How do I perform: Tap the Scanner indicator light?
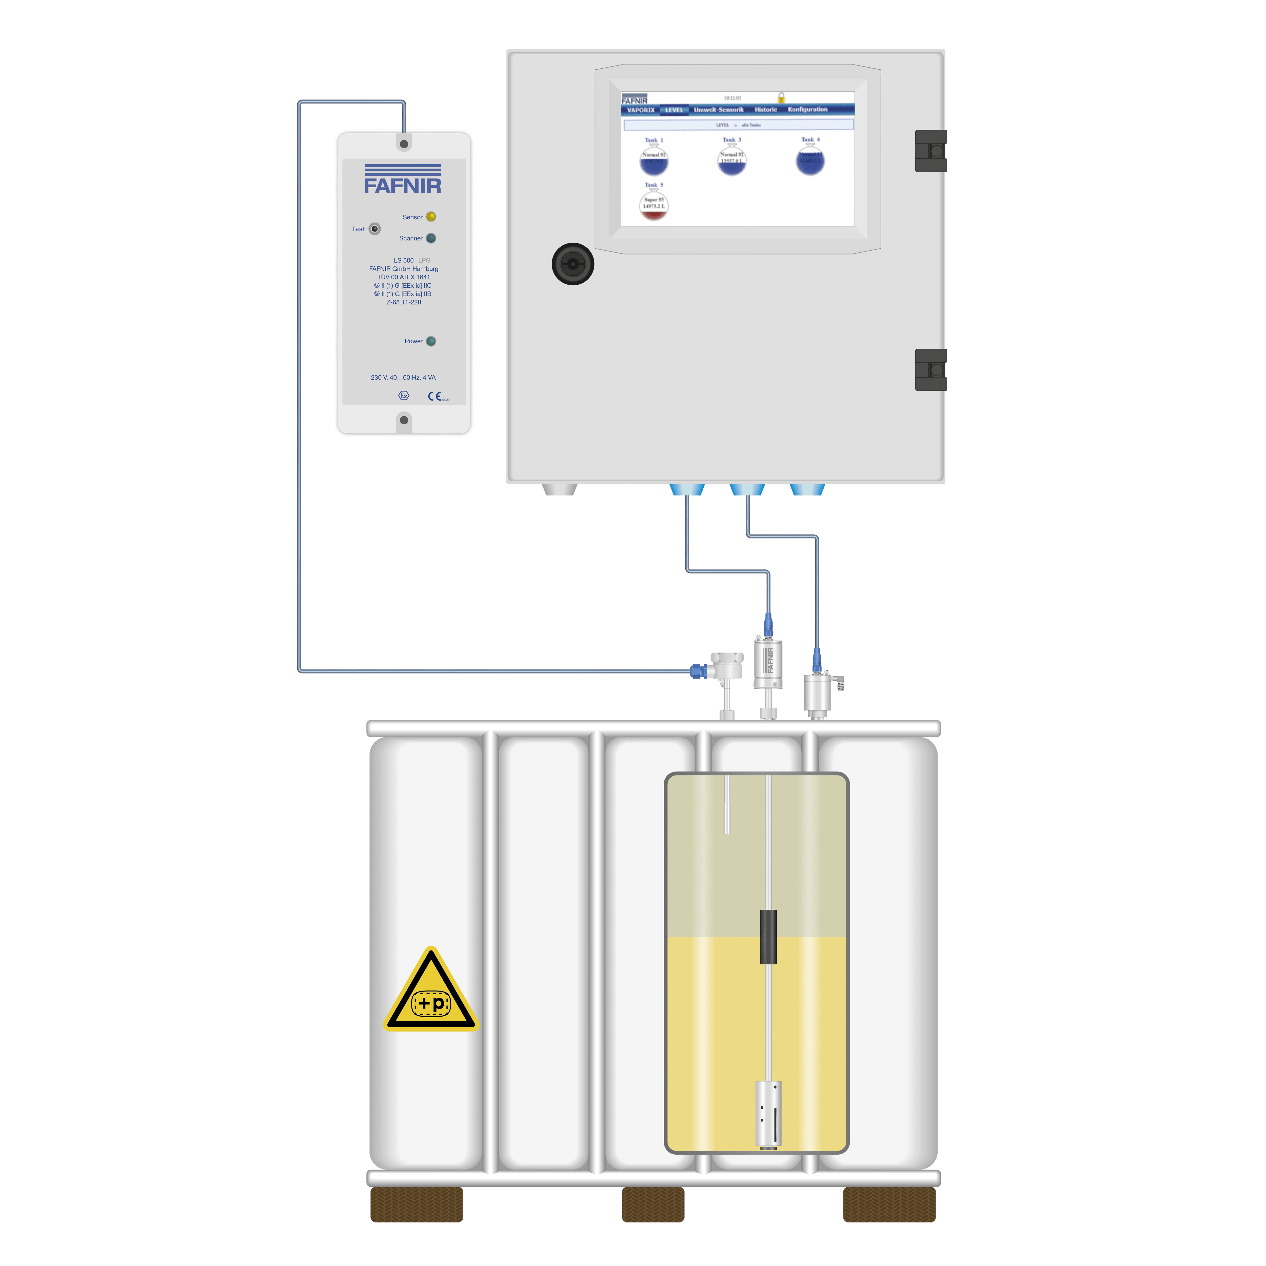click(430, 238)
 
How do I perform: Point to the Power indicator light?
click(430, 341)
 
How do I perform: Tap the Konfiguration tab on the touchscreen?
click(807, 109)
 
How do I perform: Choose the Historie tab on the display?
click(765, 109)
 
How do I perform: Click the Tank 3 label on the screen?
click(731, 140)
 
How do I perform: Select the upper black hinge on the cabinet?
click(931, 151)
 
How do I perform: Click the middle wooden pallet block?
click(653, 1204)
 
